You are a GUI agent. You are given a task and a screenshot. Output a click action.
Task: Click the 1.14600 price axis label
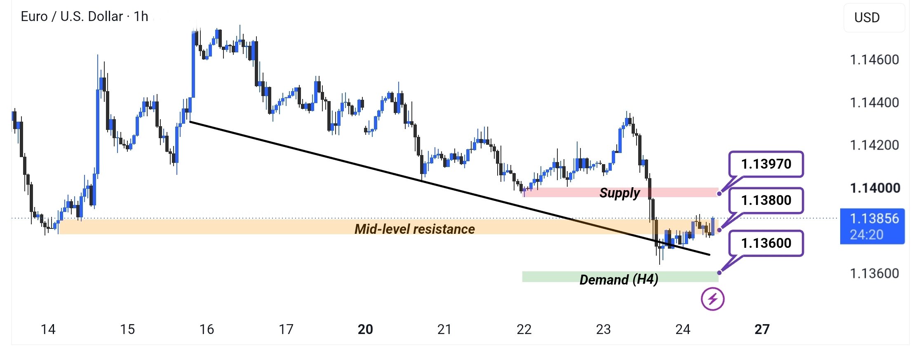point(874,60)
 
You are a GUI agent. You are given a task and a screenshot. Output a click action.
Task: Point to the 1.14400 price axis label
point(874,102)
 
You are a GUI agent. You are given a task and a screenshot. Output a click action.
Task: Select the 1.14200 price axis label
point(874,145)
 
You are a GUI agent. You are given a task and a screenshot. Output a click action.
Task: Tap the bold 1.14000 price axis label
point(875,188)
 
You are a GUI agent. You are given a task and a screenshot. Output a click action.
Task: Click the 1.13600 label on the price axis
point(874,273)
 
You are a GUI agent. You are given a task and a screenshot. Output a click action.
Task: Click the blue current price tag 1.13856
point(872,226)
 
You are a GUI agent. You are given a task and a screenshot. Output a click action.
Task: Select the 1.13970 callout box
point(766,164)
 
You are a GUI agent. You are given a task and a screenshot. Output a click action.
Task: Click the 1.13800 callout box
point(766,200)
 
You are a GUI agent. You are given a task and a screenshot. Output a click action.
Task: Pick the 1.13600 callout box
point(766,243)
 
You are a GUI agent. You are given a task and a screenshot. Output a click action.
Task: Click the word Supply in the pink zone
point(620,193)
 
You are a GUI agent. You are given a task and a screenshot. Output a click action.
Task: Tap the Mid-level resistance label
point(415,229)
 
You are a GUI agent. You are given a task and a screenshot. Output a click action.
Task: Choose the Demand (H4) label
point(619,280)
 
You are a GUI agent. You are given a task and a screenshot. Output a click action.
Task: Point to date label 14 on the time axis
point(48,329)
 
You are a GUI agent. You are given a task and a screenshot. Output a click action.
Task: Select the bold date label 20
point(365,329)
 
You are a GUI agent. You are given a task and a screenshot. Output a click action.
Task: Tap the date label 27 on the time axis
point(762,329)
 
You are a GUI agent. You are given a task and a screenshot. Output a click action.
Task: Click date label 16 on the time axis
point(207,329)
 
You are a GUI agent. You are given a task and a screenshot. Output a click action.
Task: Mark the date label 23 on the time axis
point(603,329)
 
